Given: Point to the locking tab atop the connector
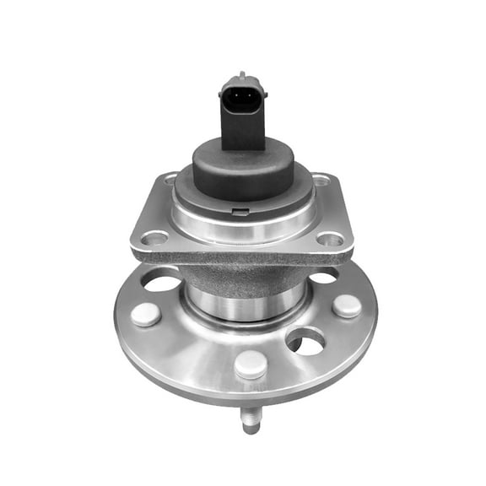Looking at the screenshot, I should (243, 77).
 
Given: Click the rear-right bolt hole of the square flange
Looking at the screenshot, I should (320, 180).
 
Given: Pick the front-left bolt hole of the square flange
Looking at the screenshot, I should (154, 238).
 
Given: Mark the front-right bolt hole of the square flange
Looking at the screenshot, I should (332, 240).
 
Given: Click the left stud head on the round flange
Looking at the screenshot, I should (146, 314).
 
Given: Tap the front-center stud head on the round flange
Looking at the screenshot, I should (251, 364).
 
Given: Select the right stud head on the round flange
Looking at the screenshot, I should (346, 305).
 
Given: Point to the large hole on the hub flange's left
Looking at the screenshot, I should (161, 281).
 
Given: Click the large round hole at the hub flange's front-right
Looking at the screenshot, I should (305, 340).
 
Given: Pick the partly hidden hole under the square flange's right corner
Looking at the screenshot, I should (323, 276).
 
